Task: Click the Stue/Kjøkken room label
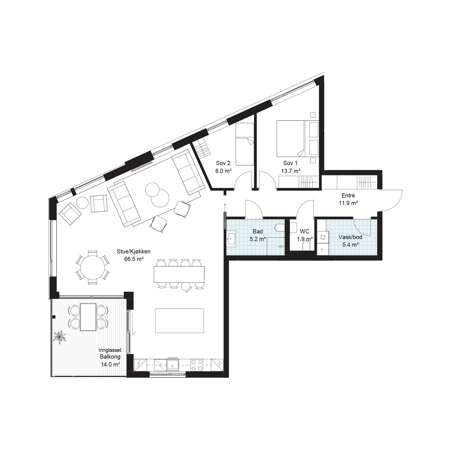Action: click(x=134, y=252)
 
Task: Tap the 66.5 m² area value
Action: click(x=134, y=259)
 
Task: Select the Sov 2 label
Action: click(x=223, y=163)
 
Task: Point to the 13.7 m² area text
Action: click(x=291, y=170)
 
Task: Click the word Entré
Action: click(x=348, y=195)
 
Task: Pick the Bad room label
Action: click(x=258, y=231)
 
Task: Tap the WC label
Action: click(x=305, y=231)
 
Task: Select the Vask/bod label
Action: click(x=350, y=237)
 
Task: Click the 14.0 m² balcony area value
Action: click(x=110, y=364)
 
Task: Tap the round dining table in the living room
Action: click(x=92, y=267)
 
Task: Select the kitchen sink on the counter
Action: click(x=172, y=364)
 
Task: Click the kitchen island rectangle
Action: click(x=180, y=321)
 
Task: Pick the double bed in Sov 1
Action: click(x=298, y=139)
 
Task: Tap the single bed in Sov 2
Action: click(x=245, y=144)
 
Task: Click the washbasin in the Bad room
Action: click(x=232, y=239)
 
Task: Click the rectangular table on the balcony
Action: click(x=88, y=317)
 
